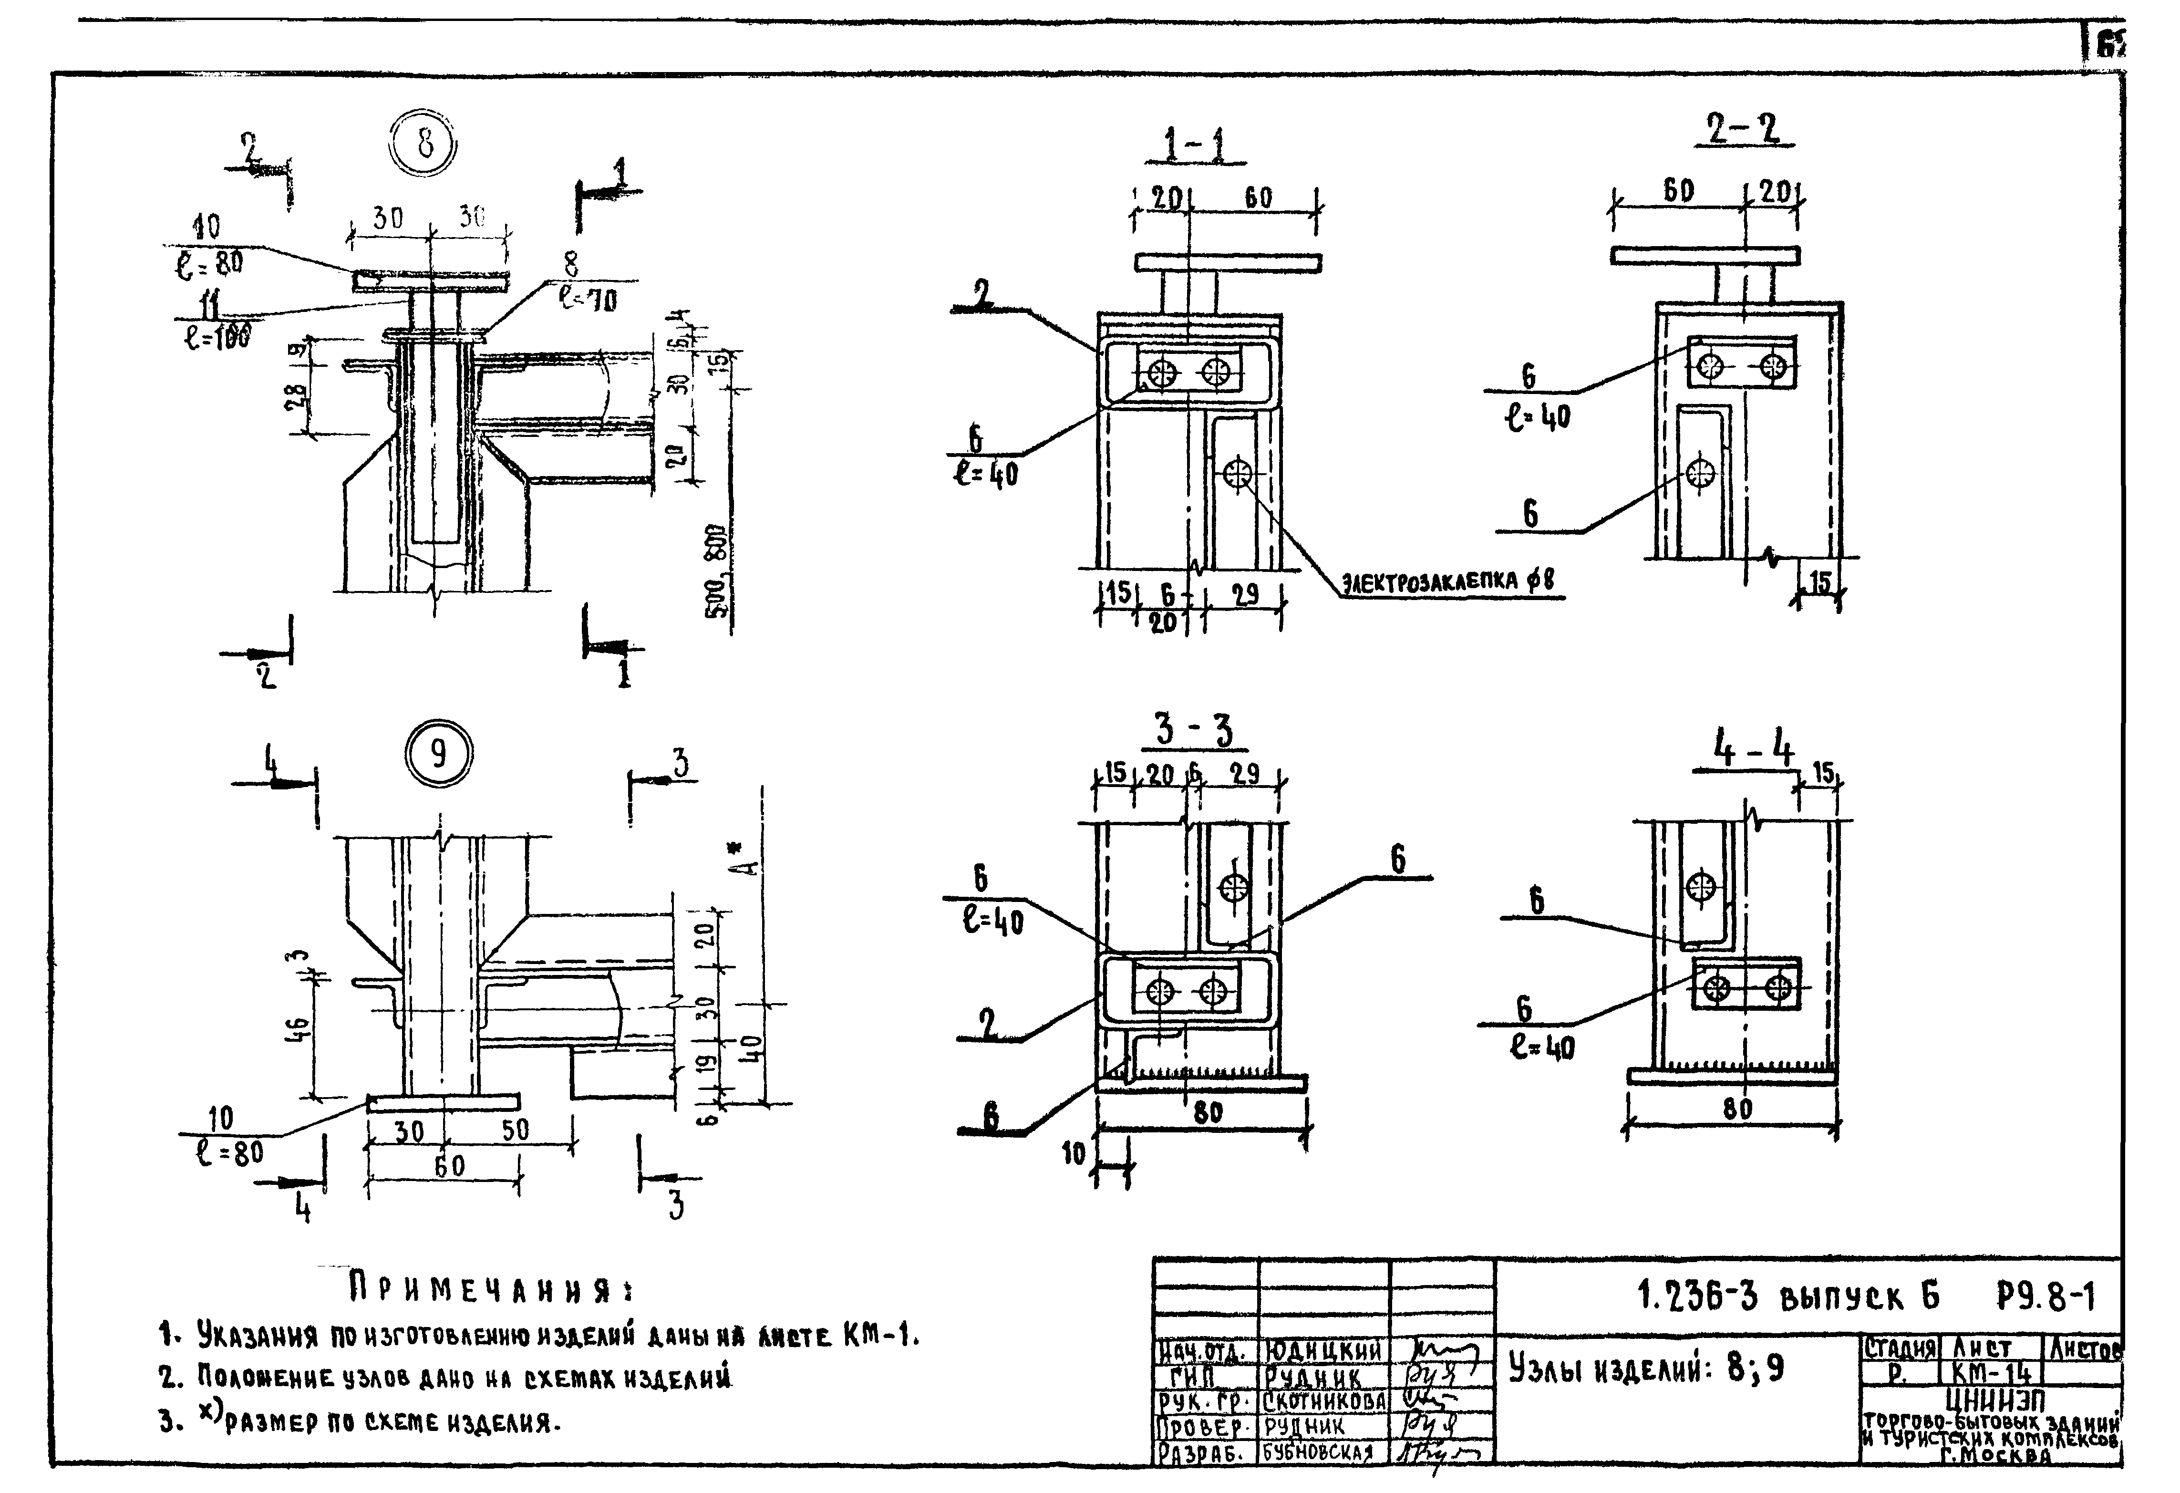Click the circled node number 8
point(425,145)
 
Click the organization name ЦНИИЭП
point(1991,1401)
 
